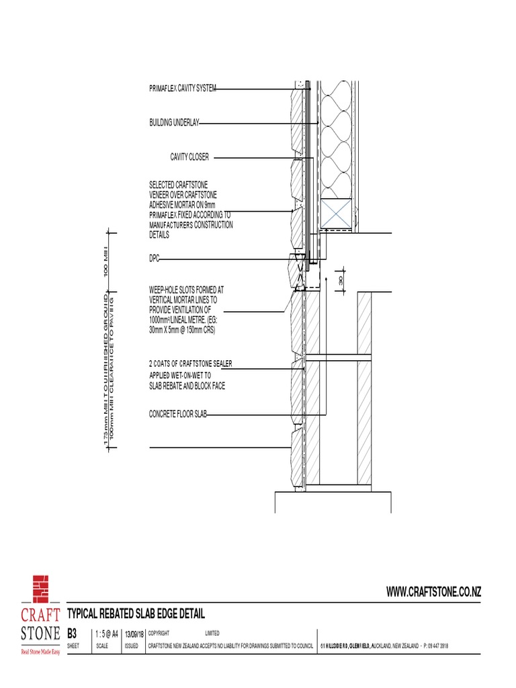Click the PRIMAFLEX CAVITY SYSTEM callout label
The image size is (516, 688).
pos(182,89)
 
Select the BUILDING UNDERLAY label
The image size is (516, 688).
pos(174,123)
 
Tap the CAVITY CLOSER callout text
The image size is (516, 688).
pos(189,157)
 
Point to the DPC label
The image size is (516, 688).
pos(154,258)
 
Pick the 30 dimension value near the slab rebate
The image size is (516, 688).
pos(341,280)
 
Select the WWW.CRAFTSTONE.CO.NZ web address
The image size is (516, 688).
pos(433,591)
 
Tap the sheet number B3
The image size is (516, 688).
pos(73,633)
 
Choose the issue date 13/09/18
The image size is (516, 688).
pos(133,633)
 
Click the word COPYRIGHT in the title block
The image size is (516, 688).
pos(159,633)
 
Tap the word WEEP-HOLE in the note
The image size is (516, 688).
pos(164,289)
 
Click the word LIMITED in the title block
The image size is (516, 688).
pos(212,633)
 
